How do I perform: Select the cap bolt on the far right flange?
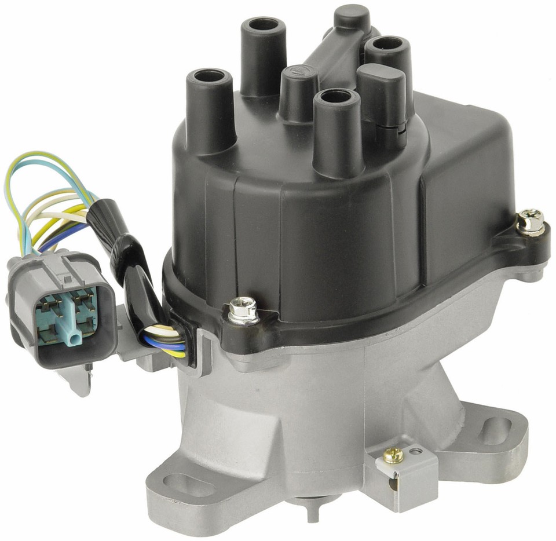pyautogui.click(x=531, y=221)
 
